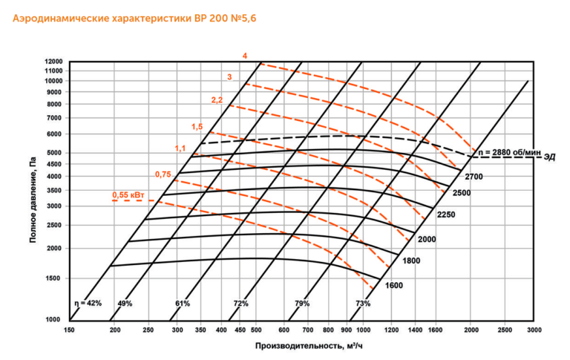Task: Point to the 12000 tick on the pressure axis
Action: tap(53, 62)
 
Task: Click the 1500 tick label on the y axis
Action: tap(55, 278)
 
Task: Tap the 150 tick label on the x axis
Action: tap(69, 330)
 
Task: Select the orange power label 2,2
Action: tap(217, 99)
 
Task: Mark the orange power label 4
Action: tap(245, 56)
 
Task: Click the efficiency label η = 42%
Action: tap(87, 304)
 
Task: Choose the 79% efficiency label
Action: tap(302, 304)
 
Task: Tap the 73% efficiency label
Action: tap(363, 304)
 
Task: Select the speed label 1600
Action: tap(394, 285)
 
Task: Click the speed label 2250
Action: tap(445, 215)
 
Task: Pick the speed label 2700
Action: tap(474, 177)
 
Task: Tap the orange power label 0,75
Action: tap(163, 174)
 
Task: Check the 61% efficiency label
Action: tap(183, 304)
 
